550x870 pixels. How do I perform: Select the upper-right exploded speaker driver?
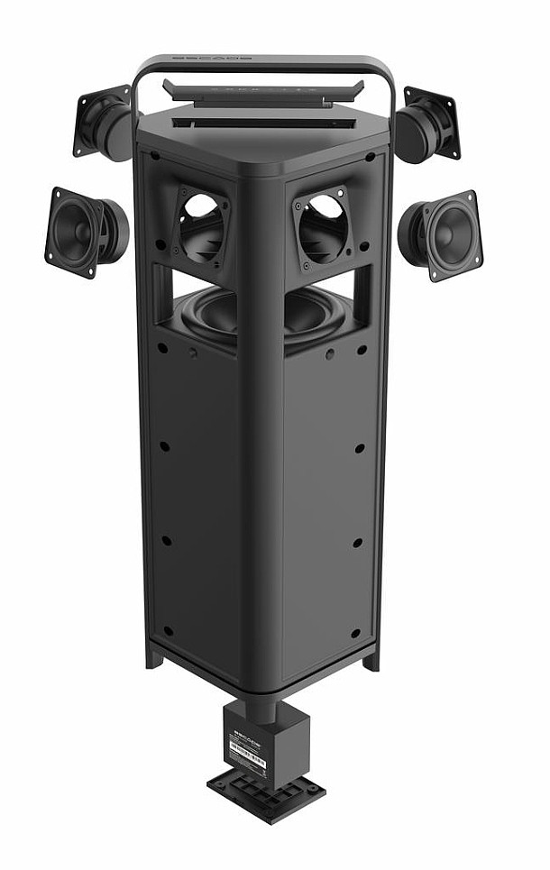(427, 124)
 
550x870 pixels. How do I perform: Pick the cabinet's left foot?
(155, 656)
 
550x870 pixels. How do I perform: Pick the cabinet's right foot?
(371, 660)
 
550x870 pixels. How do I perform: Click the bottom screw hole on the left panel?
(168, 629)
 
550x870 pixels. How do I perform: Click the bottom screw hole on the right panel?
(354, 633)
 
